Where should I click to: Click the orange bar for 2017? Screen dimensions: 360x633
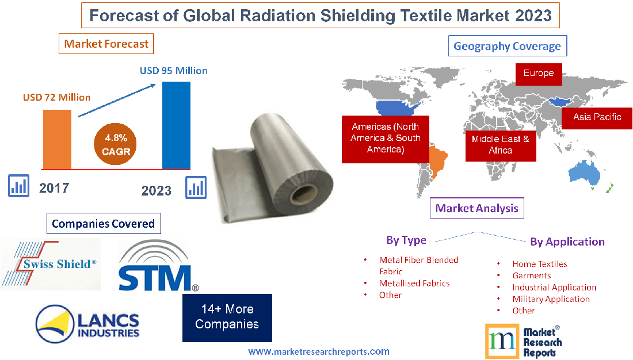click(x=57, y=139)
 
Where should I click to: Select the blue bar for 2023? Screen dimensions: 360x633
click(x=176, y=125)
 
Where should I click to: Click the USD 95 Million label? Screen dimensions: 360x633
click(x=173, y=71)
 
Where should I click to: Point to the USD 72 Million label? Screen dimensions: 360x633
click(x=56, y=97)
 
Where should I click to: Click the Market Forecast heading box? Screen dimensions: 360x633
click(x=106, y=44)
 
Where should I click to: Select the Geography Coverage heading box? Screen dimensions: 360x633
click(x=507, y=46)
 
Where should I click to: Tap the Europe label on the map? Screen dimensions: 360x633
click(x=538, y=74)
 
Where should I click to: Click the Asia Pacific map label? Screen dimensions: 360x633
click(x=597, y=117)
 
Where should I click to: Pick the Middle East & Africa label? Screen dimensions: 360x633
click(x=500, y=144)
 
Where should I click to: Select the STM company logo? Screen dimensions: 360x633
click(x=157, y=266)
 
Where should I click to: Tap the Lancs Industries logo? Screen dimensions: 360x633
click(x=87, y=323)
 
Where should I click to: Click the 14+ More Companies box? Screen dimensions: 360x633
click(x=227, y=317)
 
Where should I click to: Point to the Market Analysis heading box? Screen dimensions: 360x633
click(x=477, y=208)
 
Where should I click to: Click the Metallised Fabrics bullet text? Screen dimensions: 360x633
click(x=414, y=284)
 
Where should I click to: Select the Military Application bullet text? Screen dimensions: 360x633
click(x=551, y=299)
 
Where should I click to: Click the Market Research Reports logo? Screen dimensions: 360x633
click(x=524, y=340)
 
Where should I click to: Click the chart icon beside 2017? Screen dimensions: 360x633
click(x=19, y=186)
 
